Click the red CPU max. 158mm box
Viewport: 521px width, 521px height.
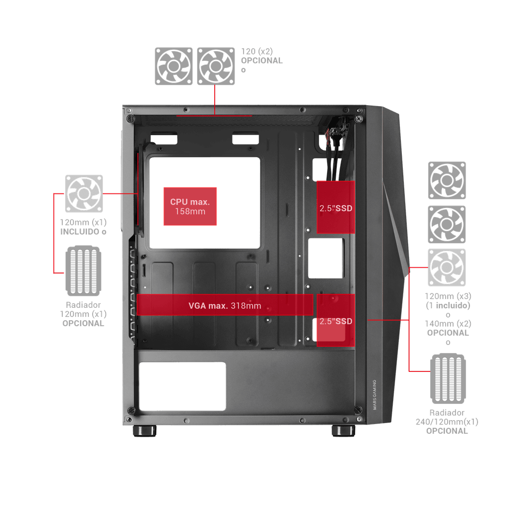pyautogui.click(x=190, y=206)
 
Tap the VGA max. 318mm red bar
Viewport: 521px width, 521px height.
pyautogui.click(x=225, y=305)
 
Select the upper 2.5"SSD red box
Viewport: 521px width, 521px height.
pyautogui.click(x=336, y=207)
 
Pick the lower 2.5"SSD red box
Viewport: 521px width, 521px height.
pyautogui.click(x=336, y=320)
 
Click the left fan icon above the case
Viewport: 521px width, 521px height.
pyautogui.click(x=174, y=66)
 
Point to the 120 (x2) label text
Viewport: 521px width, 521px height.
pyautogui.click(x=257, y=52)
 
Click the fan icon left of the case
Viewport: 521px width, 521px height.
pyautogui.click(x=84, y=194)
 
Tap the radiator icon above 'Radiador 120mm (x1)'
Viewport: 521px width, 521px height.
pyautogui.click(x=83, y=271)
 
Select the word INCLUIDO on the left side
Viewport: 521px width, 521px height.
pyautogui.click(x=80, y=232)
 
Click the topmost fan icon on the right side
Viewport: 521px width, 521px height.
pyautogui.click(x=447, y=180)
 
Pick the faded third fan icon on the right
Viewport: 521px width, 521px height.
pyautogui.click(x=447, y=267)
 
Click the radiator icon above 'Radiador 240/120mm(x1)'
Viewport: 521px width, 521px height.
pyautogui.click(x=448, y=379)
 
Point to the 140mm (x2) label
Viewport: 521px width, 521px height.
pyautogui.click(x=448, y=324)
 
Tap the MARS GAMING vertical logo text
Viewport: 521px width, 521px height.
pyautogui.click(x=374, y=395)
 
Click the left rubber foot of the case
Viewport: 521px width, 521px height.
pyautogui.click(x=145, y=431)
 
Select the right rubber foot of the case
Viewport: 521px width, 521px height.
pyautogui.click(x=343, y=431)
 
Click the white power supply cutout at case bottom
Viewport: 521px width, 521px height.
pyautogui.click(x=182, y=386)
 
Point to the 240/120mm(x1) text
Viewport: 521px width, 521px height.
pyautogui.click(x=447, y=422)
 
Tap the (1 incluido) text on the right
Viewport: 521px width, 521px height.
pyautogui.click(x=448, y=305)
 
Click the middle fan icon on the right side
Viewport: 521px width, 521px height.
pyautogui.click(x=447, y=224)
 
